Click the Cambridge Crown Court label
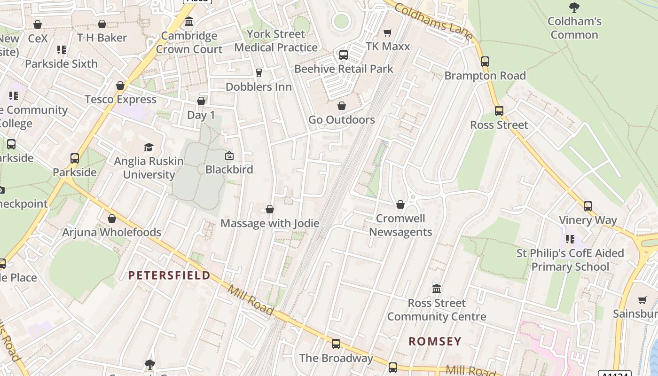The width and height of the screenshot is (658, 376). [x=189, y=42]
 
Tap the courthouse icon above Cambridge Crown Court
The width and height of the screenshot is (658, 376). [x=189, y=22]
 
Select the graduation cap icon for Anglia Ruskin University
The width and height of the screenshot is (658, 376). [x=149, y=147]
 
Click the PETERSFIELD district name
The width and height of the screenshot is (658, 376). [x=169, y=275]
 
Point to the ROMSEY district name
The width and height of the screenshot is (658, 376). [x=435, y=341]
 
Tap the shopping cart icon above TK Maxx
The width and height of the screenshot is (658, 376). [x=388, y=32]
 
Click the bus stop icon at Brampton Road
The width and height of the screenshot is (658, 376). [x=485, y=61]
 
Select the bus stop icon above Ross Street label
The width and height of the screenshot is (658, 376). [x=499, y=111]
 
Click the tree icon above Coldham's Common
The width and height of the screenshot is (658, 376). [x=574, y=7]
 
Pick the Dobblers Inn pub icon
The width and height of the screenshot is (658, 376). [x=258, y=72]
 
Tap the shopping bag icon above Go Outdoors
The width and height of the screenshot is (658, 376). [x=342, y=106]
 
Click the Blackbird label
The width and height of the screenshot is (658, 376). [x=229, y=169]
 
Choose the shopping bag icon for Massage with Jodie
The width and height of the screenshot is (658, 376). [x=270, y=209]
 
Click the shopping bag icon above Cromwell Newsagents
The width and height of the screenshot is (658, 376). [x=400, y=204]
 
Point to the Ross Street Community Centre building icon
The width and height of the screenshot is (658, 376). [x=437, y=289]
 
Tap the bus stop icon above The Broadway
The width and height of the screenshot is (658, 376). [x=336, y=344]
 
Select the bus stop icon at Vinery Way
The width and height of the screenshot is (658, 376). [x=588, y=206]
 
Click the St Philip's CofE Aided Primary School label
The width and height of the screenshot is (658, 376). [x=570, y=260]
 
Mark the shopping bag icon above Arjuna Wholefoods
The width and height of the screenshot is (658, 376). [x=112, y=219]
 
